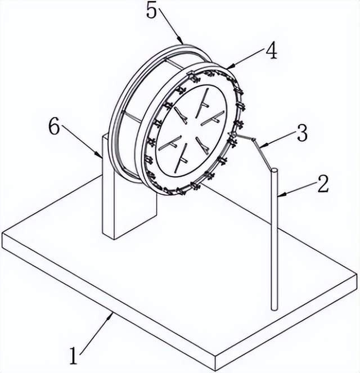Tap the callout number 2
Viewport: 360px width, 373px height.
323,183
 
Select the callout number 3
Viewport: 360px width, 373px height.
303,133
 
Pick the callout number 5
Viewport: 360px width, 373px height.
152,10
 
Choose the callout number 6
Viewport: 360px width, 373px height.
54,126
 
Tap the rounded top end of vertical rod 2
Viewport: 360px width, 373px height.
274,170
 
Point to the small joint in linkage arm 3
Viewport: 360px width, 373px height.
254,140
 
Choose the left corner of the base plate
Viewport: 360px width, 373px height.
2,233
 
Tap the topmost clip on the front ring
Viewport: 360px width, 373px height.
190,74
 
